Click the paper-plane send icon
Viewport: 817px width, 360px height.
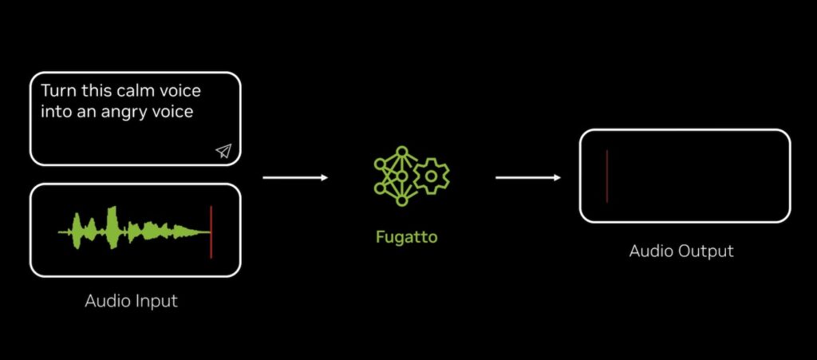click(223, 151)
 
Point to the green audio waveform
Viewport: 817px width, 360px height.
click(134, 228)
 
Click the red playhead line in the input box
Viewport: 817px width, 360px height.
click(211, 231)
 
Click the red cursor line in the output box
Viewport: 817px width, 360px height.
click(607, 176)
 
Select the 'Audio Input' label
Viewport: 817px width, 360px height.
click(132, 301)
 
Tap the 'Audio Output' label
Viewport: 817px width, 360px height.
click(681, 251)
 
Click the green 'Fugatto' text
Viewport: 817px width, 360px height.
click(407, 237)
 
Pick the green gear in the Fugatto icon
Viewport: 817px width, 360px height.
click(431, 176)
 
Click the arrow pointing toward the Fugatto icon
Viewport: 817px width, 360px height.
click(295, 178)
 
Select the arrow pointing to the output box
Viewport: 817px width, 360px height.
click(528, 178)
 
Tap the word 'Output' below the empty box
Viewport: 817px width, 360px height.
click(707, 251)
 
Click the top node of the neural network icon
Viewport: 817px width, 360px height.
click(401, 151)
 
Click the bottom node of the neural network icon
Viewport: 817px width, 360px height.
click(401, 200)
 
